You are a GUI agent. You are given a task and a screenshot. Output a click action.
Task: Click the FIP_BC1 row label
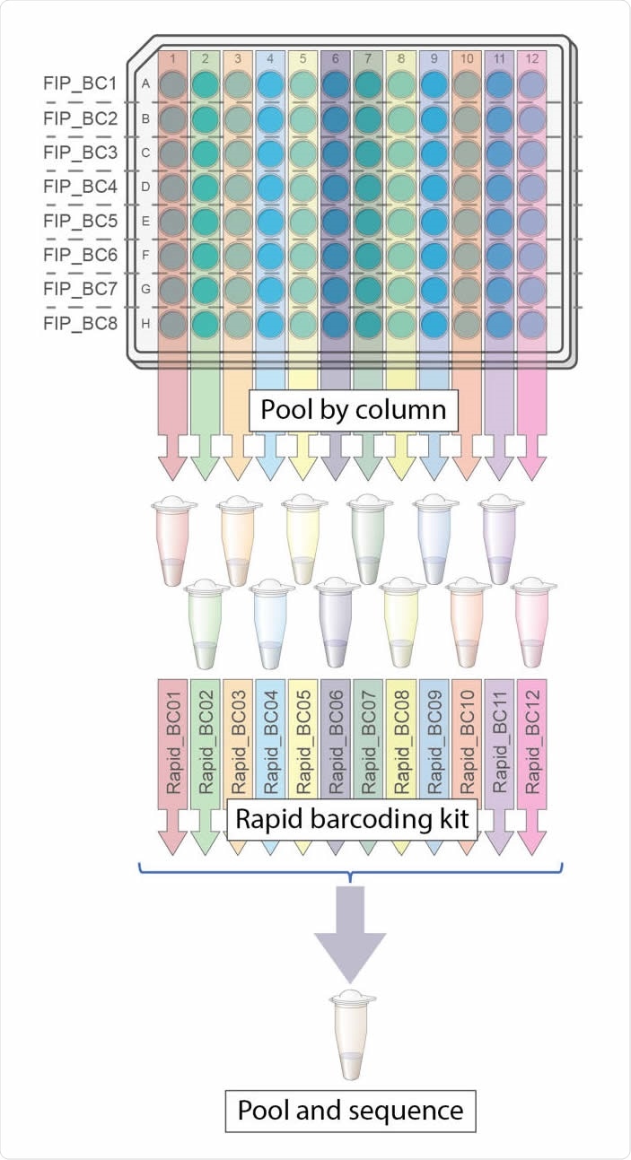point(80,84)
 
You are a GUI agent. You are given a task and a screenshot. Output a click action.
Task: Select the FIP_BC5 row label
point(80,221)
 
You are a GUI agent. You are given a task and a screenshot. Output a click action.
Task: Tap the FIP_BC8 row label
point(80,323)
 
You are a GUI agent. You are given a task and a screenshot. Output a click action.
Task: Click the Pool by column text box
point(353,411)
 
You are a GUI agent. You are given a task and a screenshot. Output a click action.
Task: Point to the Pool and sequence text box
point(350,1112)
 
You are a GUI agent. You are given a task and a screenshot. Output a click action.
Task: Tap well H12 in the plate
point(531,323)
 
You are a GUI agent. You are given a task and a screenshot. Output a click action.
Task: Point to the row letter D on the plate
point(145,187)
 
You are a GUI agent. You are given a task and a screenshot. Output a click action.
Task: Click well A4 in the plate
point(270,84)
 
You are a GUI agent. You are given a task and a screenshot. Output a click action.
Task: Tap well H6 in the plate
point(336,323)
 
